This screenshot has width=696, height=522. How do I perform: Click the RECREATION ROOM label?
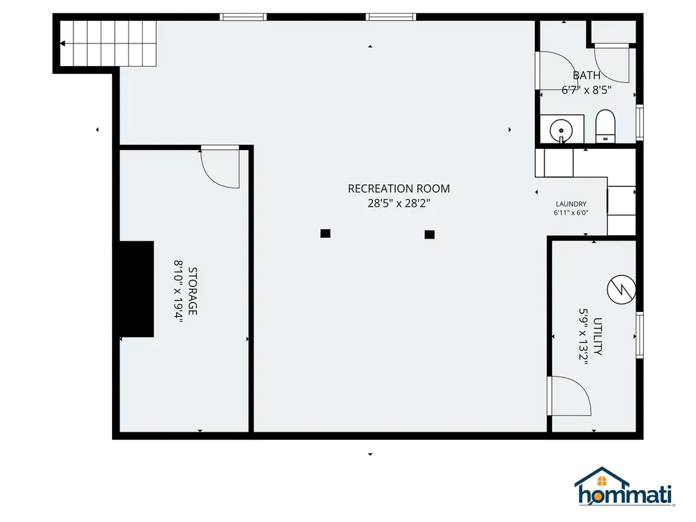(398, 189)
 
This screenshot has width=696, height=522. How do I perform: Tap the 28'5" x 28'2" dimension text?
(398, 203)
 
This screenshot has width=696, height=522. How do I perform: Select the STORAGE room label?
(193, 292)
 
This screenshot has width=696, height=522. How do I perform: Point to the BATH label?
(586, 75)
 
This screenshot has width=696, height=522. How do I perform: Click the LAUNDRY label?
(571, 204)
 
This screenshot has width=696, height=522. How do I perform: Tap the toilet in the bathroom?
(605, 127)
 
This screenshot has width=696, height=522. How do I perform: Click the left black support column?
(326, 234)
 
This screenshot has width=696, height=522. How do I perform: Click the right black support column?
(430, 234)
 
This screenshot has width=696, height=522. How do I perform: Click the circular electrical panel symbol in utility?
(621, 290)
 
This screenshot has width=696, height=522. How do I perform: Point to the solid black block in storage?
(137, 289)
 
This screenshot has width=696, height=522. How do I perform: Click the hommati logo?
(623, 487)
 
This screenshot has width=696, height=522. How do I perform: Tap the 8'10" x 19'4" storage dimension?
(179, 292)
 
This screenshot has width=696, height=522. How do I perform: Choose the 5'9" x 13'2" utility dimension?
(583, 337)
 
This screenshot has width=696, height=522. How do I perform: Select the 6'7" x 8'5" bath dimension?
(587, 89)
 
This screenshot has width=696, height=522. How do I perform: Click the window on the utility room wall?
(639, 334)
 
